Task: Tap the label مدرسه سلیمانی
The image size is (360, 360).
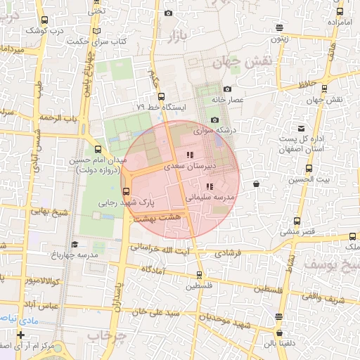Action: coord(209,198)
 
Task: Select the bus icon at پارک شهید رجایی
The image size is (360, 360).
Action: coord(127,191)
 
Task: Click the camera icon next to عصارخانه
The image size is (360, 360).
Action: coord(227,89)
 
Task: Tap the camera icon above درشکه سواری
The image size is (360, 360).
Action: coord(215,120)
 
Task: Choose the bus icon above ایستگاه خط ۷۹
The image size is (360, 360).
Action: coord(162,96)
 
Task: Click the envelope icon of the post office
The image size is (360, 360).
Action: coord(302,128)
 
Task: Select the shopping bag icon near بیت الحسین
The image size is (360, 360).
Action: coord(256,184)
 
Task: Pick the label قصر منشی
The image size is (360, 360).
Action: coord(299,231)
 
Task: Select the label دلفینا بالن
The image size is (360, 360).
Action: coord(279,344)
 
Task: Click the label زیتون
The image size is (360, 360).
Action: coord(280,39)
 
